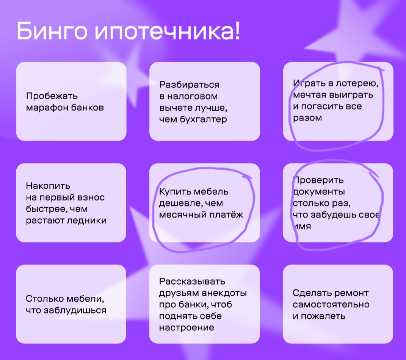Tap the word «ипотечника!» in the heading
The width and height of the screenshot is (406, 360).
168,31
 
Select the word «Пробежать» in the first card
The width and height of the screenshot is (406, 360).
52,96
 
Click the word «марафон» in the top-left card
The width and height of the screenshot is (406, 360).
47,108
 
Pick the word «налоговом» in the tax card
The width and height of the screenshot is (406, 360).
192,96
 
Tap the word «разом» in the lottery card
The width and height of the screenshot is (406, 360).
307,118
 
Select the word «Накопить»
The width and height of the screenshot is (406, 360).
48,186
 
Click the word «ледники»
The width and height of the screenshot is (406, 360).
87,220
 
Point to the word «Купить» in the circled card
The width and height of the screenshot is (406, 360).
175,192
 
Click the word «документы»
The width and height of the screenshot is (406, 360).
319,192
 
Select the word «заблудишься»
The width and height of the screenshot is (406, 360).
75,310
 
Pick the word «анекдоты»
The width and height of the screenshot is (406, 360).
224,293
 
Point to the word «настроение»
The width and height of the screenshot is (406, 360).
187,328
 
